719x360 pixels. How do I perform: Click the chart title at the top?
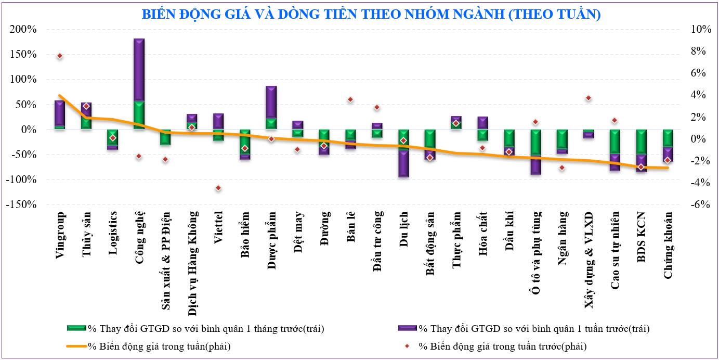click(359, 14)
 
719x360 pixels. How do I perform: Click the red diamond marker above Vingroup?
click(60, 56)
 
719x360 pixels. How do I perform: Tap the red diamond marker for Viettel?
click(218, 188)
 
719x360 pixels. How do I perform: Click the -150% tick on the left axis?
click(21, 205)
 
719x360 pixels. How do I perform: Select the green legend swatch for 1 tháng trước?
click(76, 328)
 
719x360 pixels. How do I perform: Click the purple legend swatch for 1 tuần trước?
click(408, 328)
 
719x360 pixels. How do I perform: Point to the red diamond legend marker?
click(408, 346)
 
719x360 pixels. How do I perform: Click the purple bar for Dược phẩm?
click(271, 102)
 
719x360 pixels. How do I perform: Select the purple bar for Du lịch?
click(403, 164)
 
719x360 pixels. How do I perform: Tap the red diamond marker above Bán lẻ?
click(350, 99)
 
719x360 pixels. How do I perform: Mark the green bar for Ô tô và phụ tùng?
click(535, 143)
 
